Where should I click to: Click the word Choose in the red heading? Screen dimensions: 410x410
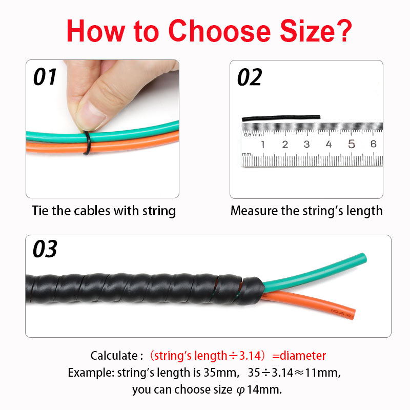coord(219,31)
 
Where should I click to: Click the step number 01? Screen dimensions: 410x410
coord(45,77)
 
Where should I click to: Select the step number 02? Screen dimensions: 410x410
coord(249,77)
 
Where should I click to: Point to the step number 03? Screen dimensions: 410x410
coord(45,249)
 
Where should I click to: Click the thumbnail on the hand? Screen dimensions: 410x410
coord(91,115)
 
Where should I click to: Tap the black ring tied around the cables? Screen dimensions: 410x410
coord(87,142)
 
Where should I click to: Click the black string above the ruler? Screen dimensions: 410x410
coord(281,118)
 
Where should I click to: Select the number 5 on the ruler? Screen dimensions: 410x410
coord(352,144)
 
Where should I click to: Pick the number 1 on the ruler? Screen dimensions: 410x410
coord(263,144)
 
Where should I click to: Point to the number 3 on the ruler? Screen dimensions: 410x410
coord(306,144)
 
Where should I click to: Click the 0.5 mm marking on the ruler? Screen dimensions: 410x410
coord(253,135)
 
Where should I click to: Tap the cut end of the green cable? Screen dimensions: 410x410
coord(363,258)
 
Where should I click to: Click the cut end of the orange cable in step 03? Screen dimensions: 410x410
coord(353,314)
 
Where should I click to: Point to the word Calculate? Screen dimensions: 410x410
coord(114,356)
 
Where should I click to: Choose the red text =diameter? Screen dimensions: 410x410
coord(299,356)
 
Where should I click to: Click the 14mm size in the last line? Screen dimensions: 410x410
coord(264,389)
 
